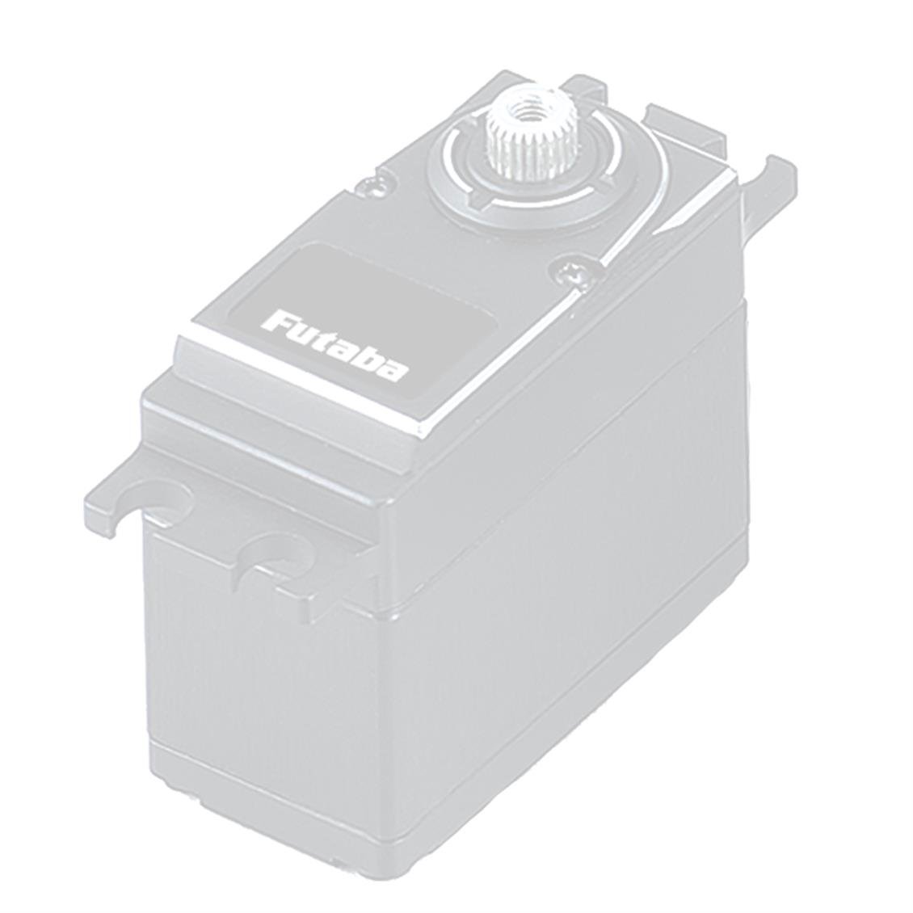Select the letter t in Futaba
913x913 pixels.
(328, 340)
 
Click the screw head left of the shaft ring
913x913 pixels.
(374, 185)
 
